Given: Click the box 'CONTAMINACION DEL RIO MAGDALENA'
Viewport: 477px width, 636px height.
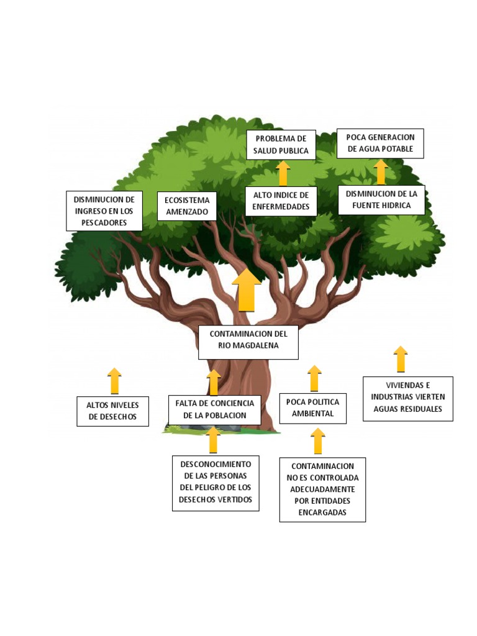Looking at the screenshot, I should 248,342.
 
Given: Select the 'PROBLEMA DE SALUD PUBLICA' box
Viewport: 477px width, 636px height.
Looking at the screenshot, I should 281,145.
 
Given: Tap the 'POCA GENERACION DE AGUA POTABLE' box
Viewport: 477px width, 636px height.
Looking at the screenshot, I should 380,143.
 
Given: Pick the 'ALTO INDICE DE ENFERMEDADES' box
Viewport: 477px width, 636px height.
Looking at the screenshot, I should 281,201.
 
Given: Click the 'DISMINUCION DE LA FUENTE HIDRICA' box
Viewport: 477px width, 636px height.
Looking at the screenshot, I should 381,199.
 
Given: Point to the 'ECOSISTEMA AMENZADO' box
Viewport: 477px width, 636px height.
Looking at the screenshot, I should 187,206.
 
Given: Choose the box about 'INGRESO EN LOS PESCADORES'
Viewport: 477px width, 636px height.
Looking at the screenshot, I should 104,211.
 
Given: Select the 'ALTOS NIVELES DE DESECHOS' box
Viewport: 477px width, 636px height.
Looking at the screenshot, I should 112,411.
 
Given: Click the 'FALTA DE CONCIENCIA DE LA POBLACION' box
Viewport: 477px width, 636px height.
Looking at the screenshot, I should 215,409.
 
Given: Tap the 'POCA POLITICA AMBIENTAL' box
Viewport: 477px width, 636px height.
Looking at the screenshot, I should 312,408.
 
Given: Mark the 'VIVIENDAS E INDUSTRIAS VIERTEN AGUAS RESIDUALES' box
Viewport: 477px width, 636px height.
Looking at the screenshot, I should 407,398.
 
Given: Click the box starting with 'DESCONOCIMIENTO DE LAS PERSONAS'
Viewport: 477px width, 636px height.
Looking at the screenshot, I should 216,483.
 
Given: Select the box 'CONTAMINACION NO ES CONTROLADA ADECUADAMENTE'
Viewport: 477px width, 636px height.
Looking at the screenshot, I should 322,489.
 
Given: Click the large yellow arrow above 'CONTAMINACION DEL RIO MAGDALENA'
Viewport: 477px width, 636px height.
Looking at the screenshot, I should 247,290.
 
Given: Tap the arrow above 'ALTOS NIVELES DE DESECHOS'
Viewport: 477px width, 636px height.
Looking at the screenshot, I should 114,380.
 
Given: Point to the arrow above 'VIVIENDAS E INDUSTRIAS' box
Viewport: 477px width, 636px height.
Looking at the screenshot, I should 401,359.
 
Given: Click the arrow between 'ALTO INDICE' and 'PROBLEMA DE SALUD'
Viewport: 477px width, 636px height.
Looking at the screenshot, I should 283,173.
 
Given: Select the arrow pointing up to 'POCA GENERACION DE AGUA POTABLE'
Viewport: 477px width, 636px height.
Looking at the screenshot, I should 381,172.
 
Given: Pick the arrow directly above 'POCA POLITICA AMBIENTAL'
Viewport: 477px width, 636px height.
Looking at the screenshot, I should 315,378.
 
